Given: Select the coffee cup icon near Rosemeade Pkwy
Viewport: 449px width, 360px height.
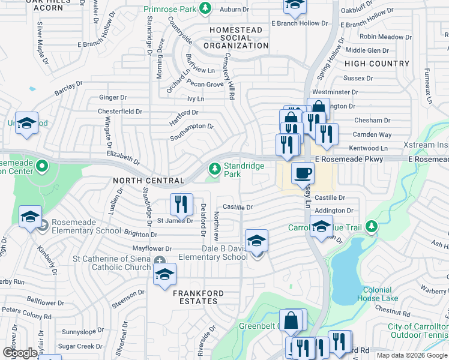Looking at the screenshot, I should pos(303,173).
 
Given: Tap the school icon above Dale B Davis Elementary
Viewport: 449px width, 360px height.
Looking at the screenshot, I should pos(257,241).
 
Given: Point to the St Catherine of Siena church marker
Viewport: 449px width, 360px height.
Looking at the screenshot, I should pos(160,261).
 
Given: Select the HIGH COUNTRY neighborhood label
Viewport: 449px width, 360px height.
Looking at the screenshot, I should pos(377,64).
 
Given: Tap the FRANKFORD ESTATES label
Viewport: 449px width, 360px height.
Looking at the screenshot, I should pos(199,293).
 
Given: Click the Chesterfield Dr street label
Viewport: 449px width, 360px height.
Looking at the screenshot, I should pos(121,112).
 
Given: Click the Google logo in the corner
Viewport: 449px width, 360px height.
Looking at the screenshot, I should pos(20,352).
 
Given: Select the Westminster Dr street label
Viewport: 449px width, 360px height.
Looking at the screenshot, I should pos(335,92).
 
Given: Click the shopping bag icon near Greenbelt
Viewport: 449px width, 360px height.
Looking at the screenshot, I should pos(291,320).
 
